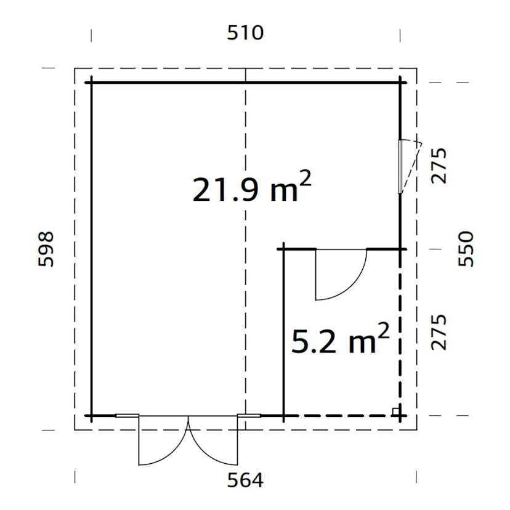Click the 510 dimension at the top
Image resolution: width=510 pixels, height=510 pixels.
coord(245,33)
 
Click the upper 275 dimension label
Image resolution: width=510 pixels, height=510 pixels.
coord(439,166)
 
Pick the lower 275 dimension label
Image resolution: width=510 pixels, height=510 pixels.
coord(439,332)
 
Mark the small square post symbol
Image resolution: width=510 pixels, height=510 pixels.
coord(396,410)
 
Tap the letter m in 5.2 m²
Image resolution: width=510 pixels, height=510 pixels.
coord(362,344)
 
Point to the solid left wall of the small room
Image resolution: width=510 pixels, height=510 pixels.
coord(283,333)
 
